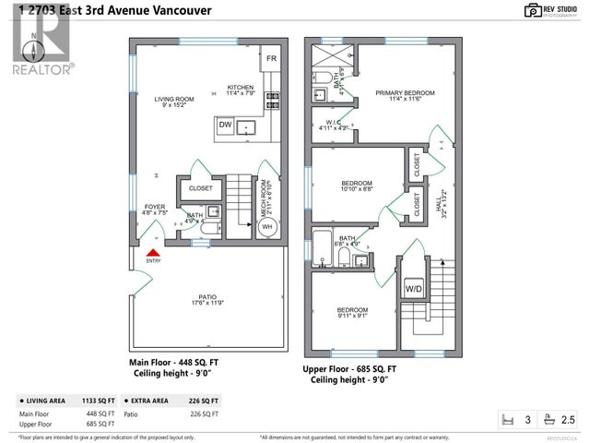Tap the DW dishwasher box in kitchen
tap(225, 125)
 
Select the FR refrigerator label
tap(271, 59)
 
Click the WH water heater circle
tap(267, 226)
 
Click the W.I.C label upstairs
tap(334, 124)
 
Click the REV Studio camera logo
tap(532, 10)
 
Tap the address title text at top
tap(108, 12)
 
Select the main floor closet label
tap(200, 188)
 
